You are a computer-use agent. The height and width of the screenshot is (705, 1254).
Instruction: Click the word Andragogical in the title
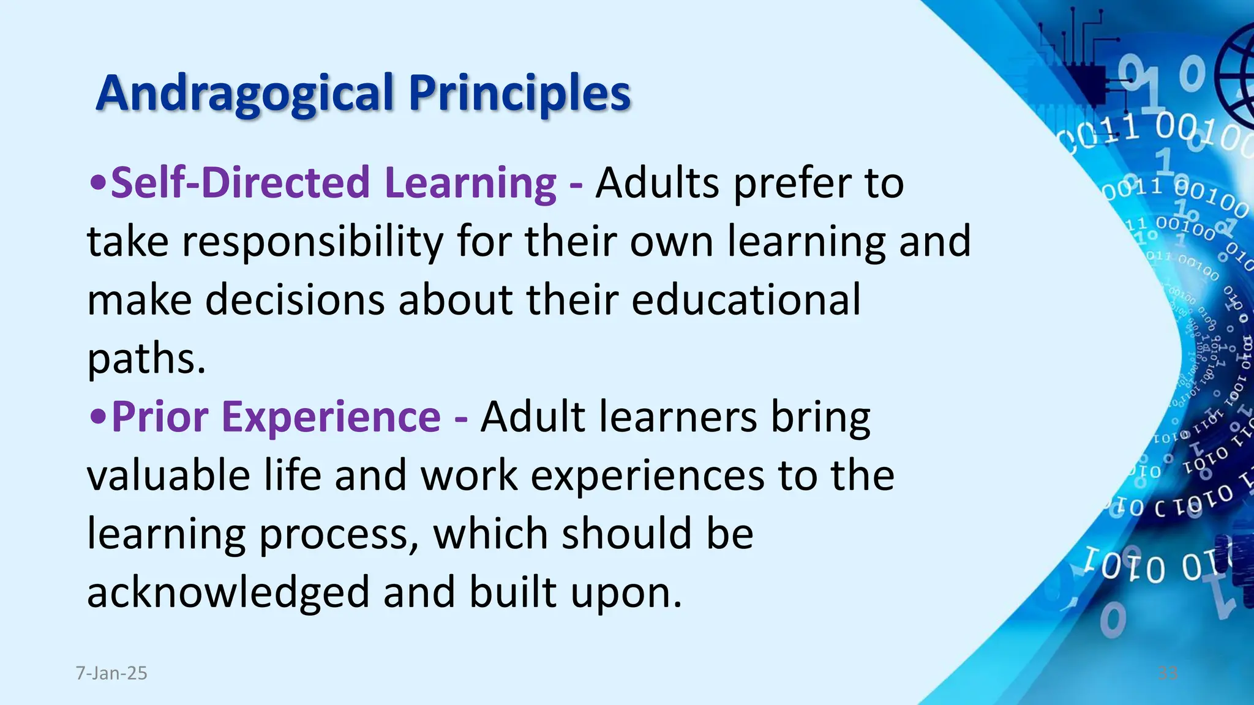coord(244,94)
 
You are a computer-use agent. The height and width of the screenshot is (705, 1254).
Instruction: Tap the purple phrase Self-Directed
coord(240,182)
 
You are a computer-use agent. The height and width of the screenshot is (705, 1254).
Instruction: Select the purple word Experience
coord(331,417)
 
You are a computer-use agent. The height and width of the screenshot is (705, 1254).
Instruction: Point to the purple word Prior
coord(160,417)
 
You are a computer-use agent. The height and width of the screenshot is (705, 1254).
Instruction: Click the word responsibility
coord(312,242)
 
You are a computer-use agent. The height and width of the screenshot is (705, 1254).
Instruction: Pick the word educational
coord(746,300)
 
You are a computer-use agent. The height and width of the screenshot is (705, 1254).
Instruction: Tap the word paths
coord(146,359)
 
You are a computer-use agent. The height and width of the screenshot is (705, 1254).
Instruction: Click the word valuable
coord(168,476)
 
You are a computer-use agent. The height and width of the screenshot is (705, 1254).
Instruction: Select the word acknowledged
coord(228,593)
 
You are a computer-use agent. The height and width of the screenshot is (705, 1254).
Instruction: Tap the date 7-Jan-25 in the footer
coord(111,673)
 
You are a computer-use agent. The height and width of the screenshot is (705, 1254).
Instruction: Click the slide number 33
coord(1168,673)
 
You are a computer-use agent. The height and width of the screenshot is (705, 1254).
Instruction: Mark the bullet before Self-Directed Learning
coord(98,182)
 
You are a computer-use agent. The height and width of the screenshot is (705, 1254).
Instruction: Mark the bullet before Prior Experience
coord(98,417)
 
